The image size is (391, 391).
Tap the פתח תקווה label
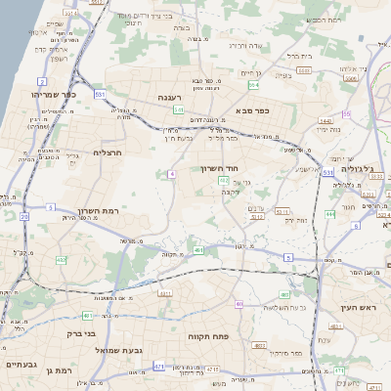point(208,335)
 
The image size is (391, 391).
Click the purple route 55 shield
point(346,113)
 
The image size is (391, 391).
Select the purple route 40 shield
point(239,304)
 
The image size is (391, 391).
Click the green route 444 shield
point(331,214)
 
